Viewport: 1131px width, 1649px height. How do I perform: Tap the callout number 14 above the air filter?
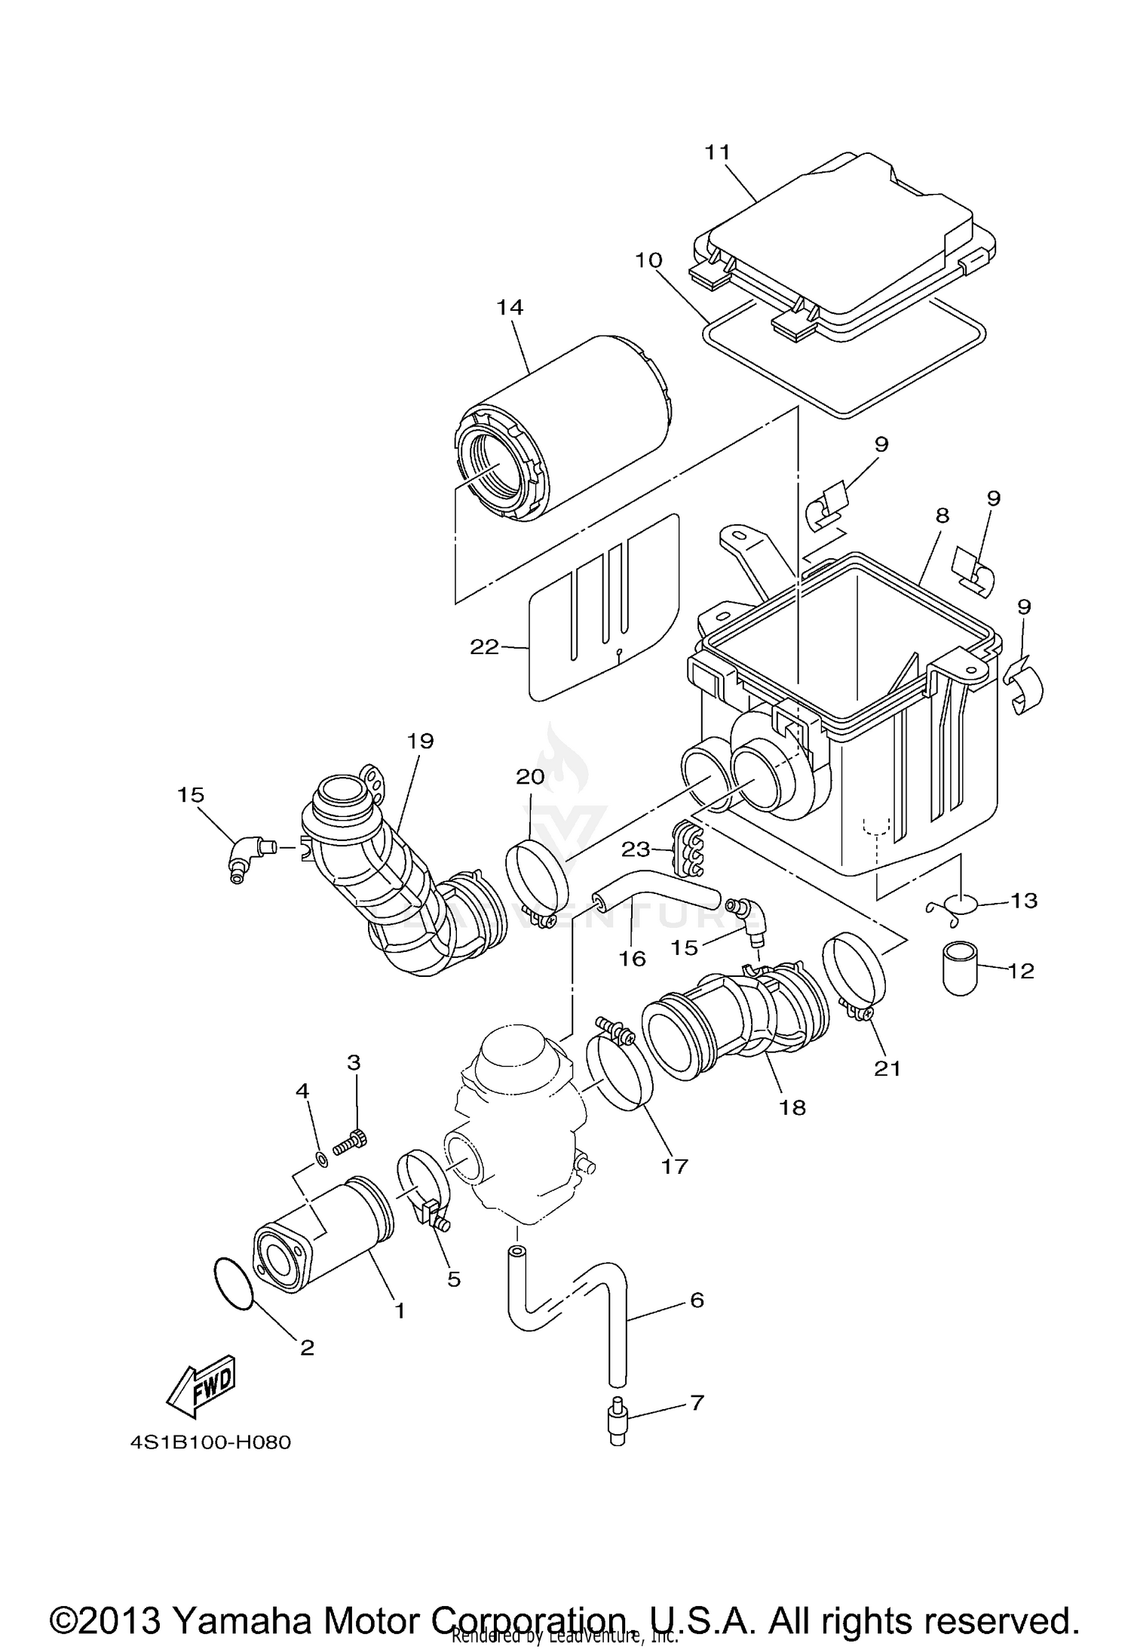point(510,308)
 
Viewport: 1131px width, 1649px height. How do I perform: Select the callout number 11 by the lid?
point(717,152)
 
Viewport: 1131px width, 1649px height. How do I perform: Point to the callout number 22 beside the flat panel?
point(484,646)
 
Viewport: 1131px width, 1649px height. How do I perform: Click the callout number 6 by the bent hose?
point(696,1299)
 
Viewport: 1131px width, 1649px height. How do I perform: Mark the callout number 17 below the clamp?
point(674,1166)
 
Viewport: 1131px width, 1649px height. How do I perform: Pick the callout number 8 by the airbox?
point(942,516)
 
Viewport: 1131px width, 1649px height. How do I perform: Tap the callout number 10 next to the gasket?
point(648,260)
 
